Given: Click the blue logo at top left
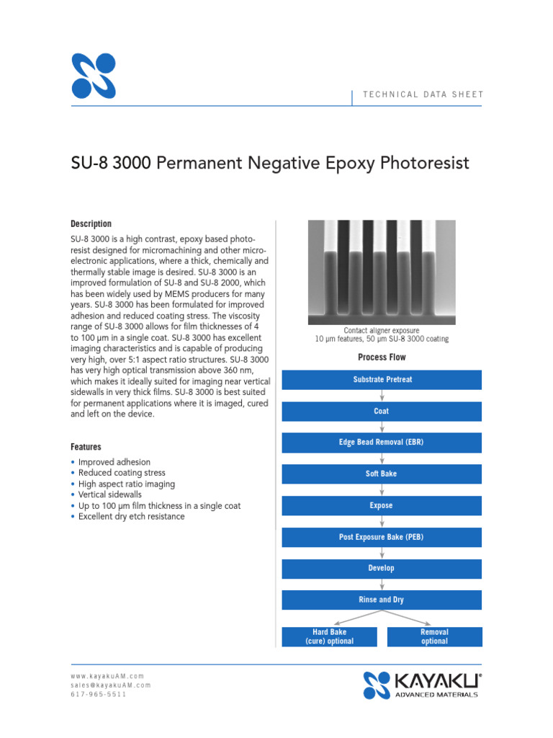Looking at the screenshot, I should click(94, 76).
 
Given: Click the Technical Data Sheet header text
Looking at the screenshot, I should click(423, 94).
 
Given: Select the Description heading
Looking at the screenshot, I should click(91, 224).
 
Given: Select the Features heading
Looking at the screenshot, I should click(86, 447).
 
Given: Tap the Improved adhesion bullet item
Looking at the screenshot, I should click(114, 462).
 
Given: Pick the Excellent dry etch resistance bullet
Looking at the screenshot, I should click(131, 517).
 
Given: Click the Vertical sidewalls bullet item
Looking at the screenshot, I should click(110, 495).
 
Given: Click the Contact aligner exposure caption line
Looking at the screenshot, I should click(382, 331).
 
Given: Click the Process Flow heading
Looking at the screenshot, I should click(382, 357).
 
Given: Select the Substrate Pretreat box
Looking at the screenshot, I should click(382, 380).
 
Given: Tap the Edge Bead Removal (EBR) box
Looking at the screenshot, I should click(382, 443).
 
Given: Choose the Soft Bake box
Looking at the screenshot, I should click(382, 474).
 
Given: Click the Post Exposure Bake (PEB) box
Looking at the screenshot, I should click(382, 537).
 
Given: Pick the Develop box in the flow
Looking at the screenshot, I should click(382, 569).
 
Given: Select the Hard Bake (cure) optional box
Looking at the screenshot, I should click(329, 636).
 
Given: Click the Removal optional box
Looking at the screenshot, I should click(434, 636).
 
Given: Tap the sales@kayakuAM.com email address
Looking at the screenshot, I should click(111, 685).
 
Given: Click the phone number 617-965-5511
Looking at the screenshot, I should click(98, 695).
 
